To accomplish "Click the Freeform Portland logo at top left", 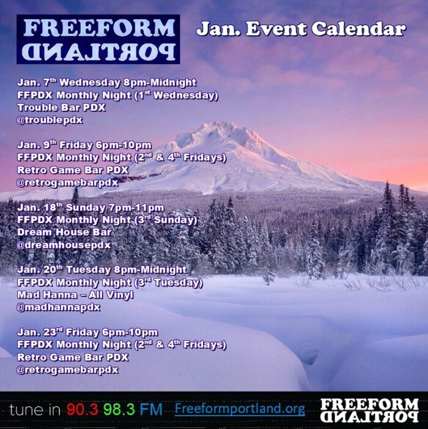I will click(x=98, y=39).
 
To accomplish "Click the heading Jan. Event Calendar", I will click(x=300, y=29).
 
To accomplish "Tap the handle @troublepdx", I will click(x=50, y=120).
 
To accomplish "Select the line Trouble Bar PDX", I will click(x=61, y=108).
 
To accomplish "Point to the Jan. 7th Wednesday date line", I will click(x=106, y=83).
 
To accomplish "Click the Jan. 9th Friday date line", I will click(x=84, y=145).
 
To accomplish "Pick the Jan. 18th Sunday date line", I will click(x=90, y=207).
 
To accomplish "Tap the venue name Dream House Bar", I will click(x=64, y=233).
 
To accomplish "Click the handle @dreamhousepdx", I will click(x=64, y=245).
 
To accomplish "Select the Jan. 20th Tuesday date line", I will click(x=101, y=270).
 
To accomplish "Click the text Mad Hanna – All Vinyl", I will click(x=75, y=295).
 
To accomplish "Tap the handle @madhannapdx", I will click(x=59, y=307).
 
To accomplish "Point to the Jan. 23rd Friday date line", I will click(x=87, y=332).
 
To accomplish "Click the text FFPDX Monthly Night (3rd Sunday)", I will click(x=107, y=220).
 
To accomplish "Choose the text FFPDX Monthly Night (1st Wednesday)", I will click(x=117, y=95).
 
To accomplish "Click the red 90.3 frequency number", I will click(x=83, y=409).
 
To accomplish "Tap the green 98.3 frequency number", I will click(x=119, y=409).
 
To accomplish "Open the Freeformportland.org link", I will click(x=239, y=409).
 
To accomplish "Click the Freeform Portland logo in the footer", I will click(x=369, y=409).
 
